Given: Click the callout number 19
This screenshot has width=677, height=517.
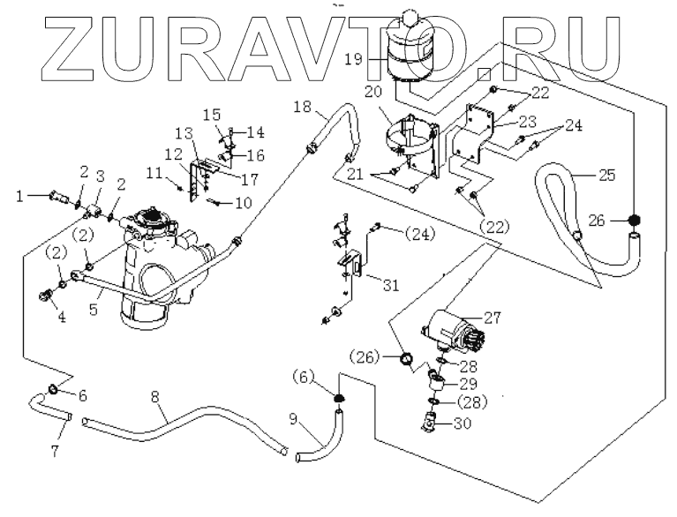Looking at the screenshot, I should pyautogui.click(x=354, y=59).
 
